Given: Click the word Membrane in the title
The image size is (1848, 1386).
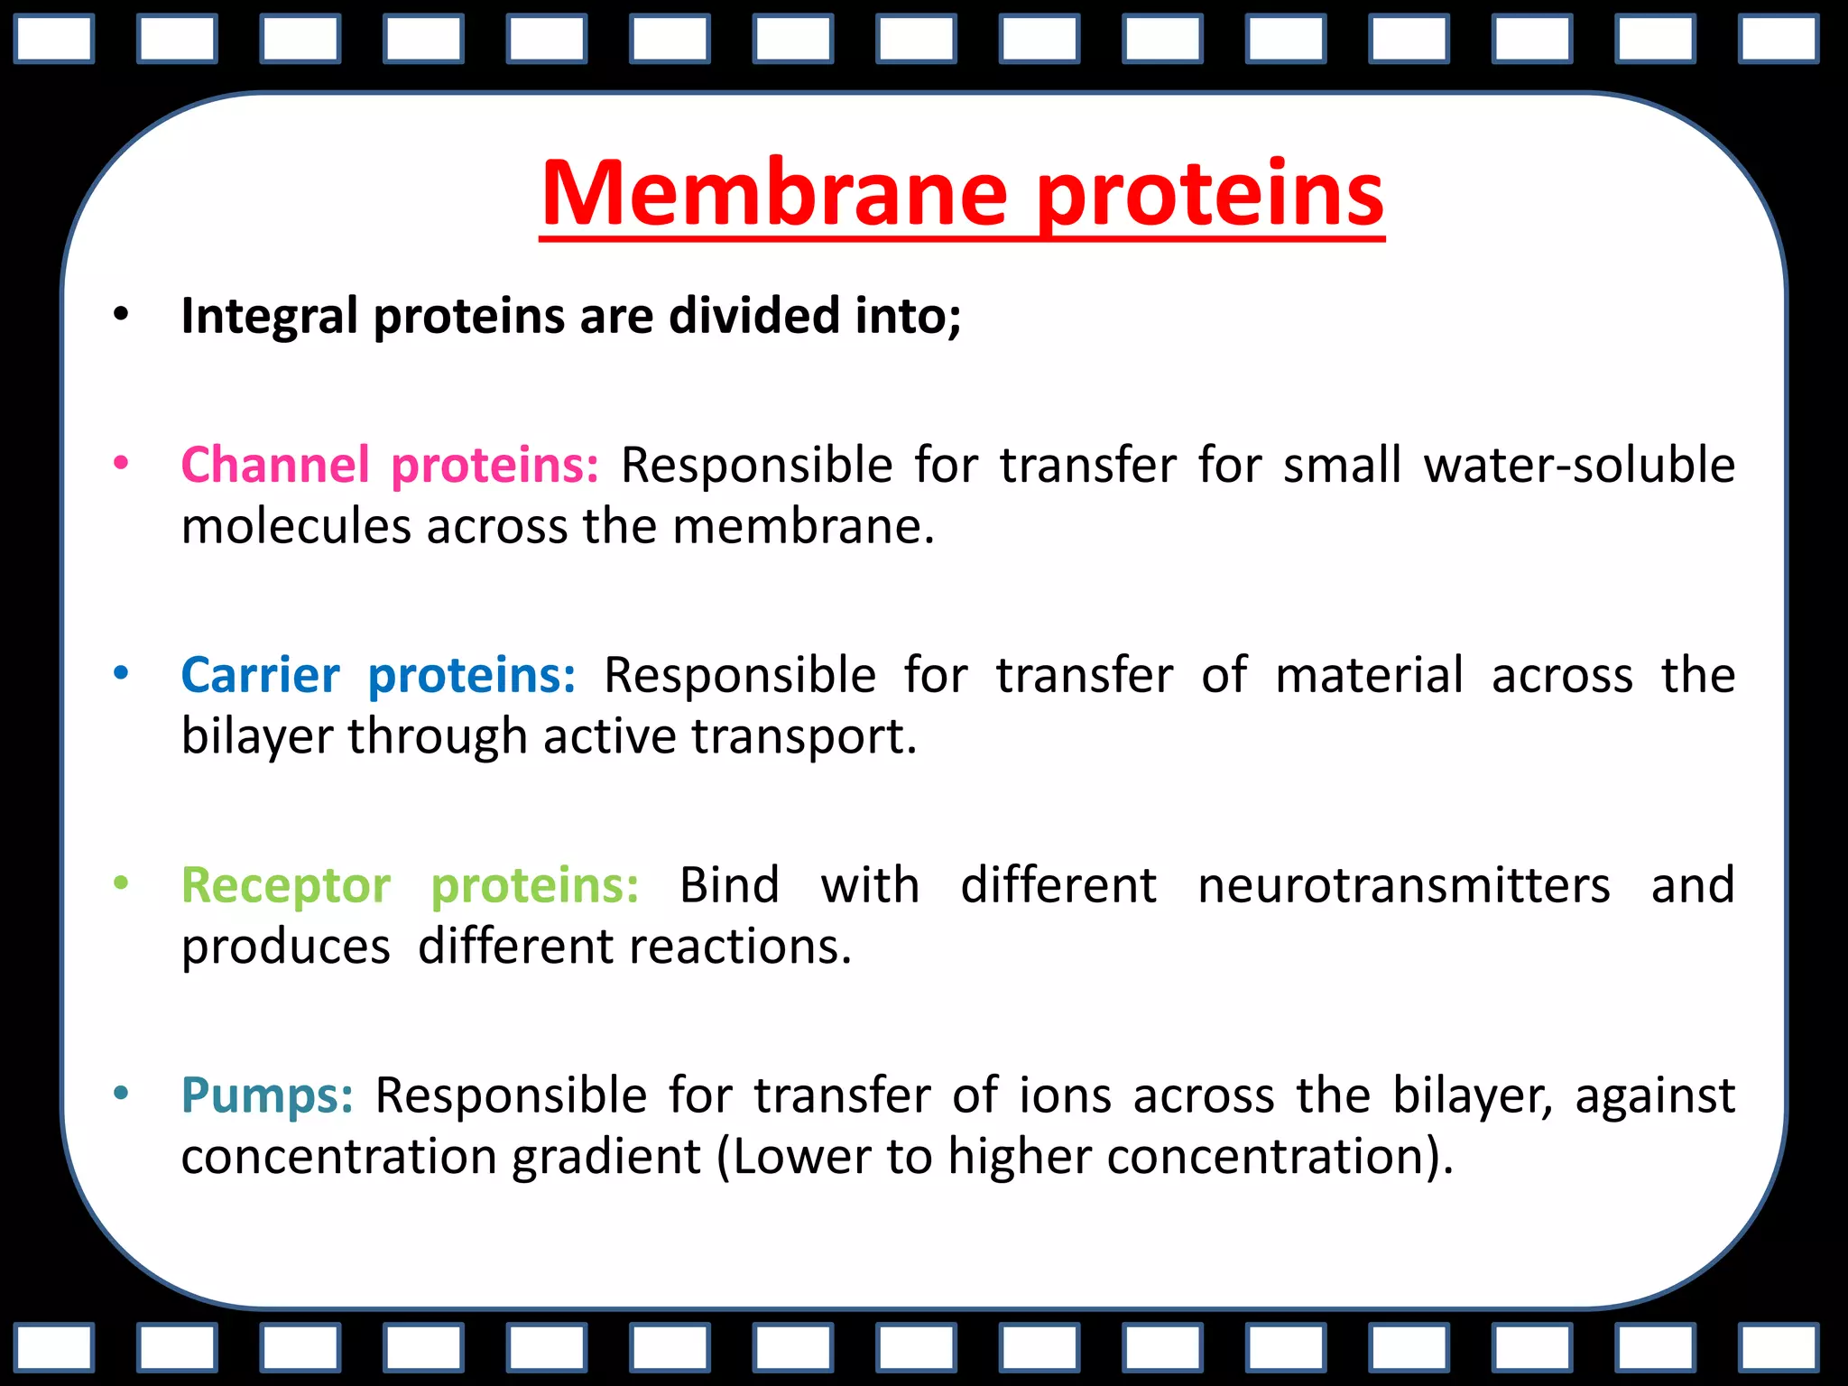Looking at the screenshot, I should pyautogui.click(x=773, y=194).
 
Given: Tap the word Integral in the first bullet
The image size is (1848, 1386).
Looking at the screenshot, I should pyautogui.click(x=269, y=317).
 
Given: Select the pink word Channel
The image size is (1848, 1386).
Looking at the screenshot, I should pyautogui.click(x=275, y=466).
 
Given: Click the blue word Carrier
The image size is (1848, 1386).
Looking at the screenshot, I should pyautogui.click(x=260, y=676).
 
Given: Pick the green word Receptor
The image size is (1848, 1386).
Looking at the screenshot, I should pyautogui.click(x=285, y=886).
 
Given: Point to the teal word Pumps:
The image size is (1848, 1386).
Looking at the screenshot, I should pyautogui.click(x=267, y=1096).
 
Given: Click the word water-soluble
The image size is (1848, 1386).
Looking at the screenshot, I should pyautogui.click(x=1579, y=466).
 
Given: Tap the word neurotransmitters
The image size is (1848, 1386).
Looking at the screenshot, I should pyautogui.click(x=1403, y=886).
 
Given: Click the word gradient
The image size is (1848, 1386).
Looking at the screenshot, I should pyautogui.click(x=605, y=1158).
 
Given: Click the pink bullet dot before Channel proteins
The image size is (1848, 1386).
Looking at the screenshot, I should pyautogui.click(x=121, y=464).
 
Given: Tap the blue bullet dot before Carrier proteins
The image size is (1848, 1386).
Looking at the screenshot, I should pyautogui.click(x=121, y=674).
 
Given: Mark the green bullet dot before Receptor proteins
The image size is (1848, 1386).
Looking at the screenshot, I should pyautogui.click(x=121, y=884).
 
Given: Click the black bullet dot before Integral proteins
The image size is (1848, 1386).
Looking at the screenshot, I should pyautogui.click(x=121, y=315).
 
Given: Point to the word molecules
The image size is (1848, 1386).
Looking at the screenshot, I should pyautogui.click(x=296, y=526).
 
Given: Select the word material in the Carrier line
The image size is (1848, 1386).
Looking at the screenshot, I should pyautogui.click(x=1369, y=676).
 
